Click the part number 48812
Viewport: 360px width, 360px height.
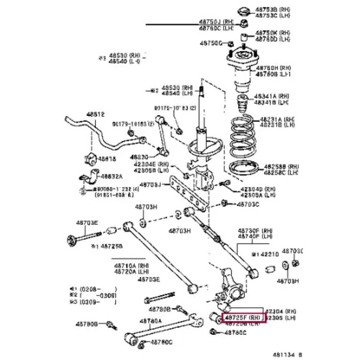pyautogui.click(x=94, y=114)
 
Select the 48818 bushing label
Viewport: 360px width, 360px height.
pyautogui.click(x=107, y=159)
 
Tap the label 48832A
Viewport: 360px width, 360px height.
pyautogui.click(x=111, y=176)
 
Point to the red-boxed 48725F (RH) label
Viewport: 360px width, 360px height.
pyautogui.click(x=244, y=316)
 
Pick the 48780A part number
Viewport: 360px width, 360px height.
pyautogui.click(x=152, y=320)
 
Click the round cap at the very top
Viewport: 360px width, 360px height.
pyautogui.click(x=244, y=10)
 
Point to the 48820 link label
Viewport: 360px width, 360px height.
pyautogui.click(x=139, y=156)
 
